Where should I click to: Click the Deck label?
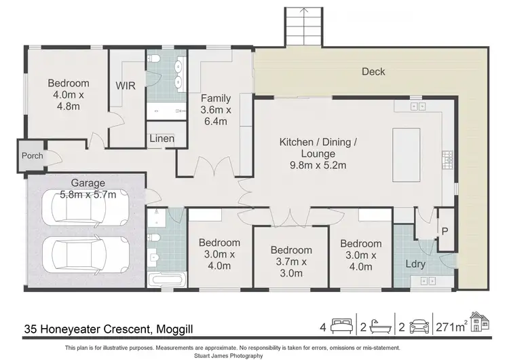pos(373,71)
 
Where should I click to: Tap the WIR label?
pos(126,86)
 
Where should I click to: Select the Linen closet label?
pos(162,139)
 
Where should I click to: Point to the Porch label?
pos(32,156)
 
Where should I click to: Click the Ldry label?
pos(415,264)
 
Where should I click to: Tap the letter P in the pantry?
pos(445,232)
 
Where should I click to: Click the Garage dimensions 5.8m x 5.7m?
pos(88,195)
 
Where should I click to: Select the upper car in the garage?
pos(86,208)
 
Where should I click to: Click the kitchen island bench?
pos(406,155)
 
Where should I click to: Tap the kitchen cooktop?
pos(448,160)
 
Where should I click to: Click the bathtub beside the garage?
pos(167,280)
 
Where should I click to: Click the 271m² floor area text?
pos(452,327)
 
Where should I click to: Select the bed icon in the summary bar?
pos(341,326)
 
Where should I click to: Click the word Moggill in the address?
pos(174,329)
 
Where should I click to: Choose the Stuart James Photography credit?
pos(229,356)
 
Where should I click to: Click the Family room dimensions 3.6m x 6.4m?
pos(216,115)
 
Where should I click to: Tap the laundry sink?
pos(428,281)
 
